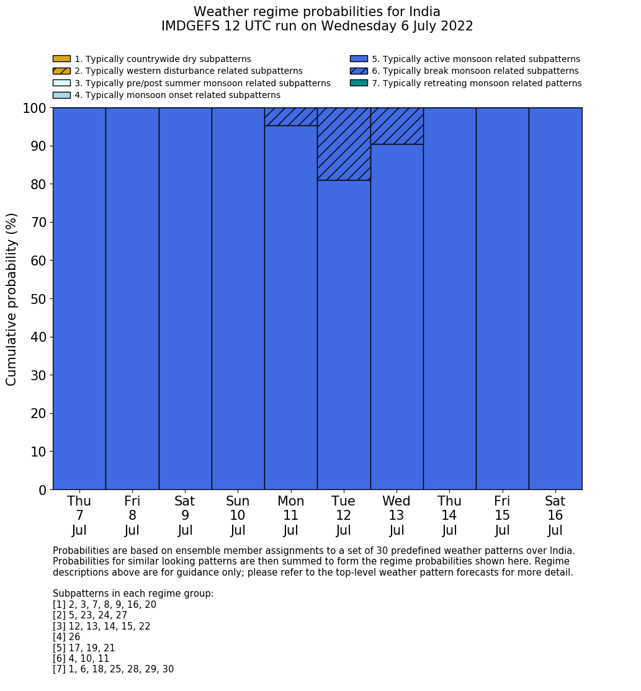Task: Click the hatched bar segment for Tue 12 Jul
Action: (344, 144)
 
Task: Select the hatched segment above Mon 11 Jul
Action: (290, 117)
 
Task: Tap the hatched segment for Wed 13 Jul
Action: (397, 126)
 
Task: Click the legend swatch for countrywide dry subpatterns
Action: (61, 59)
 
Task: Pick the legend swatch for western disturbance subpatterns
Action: (61, 71)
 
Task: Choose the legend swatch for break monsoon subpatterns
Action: (359, 71)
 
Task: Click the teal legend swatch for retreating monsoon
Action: (359, 83)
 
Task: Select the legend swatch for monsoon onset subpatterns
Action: (61, 95)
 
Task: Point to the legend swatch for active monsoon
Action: (359, 59)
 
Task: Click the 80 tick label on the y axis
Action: (38, 184)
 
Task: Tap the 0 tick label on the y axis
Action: (42, 490)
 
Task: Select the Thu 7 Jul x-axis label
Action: (79, 515)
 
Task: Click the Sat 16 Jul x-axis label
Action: (555, 515)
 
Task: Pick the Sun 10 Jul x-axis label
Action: (238, 515)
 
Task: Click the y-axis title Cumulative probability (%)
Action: (12, 299)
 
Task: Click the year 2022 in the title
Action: (455, 26)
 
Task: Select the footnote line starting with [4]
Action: (66, 637)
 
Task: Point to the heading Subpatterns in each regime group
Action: (133, 594)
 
